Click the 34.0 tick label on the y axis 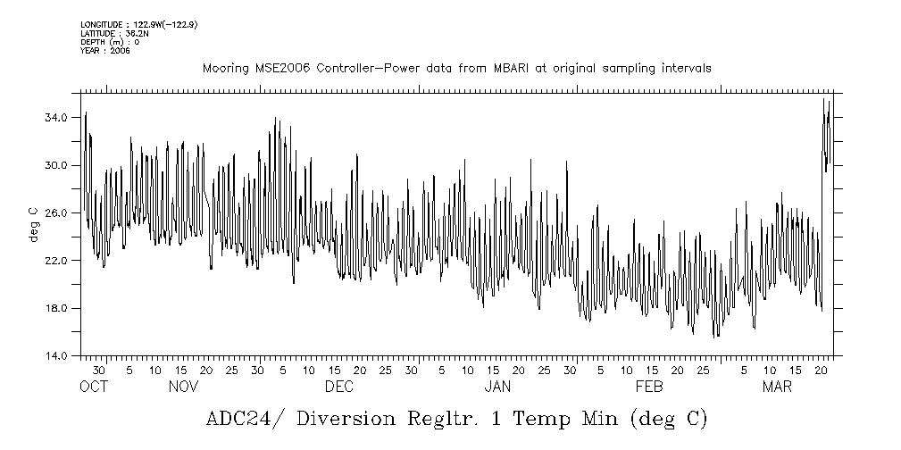tap(57, 118)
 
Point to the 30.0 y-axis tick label tap(57, 165)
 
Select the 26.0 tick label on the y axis tap(57, 212)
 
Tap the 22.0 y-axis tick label tap(57, 261)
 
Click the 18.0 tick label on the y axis tap(57, 308)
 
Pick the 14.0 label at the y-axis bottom tap(57, 355)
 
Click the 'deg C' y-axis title tap(33, 224)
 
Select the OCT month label tap(94, 387)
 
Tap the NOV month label tap(184, 387)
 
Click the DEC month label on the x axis tap(339, 387)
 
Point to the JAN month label tap(497, 387)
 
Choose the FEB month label tap(649, 387)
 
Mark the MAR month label tap(777, 387)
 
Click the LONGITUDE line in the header tap(138, 24)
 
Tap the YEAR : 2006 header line tap(105, 51)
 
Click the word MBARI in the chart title tap(520, 68)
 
